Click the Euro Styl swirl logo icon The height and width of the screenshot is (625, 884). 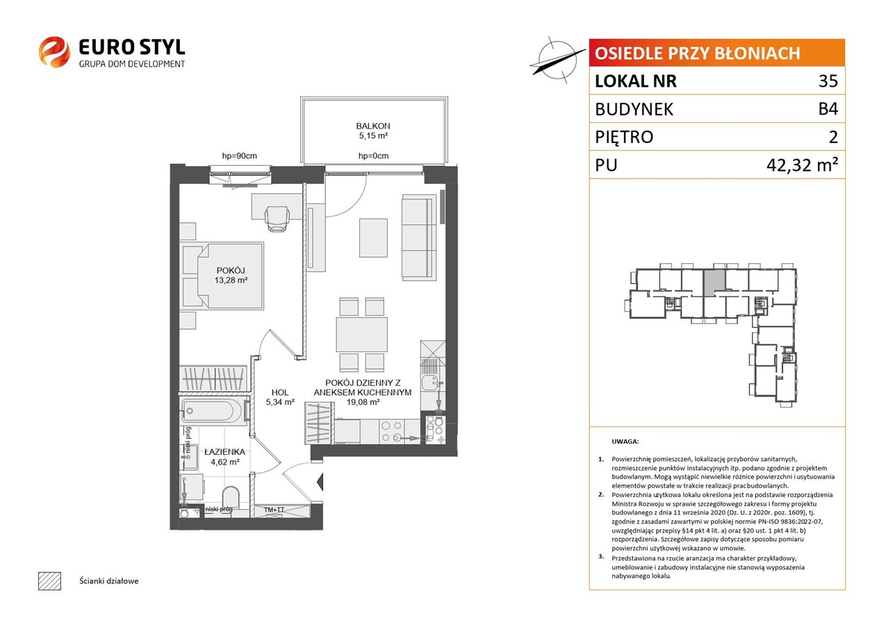[54, 52]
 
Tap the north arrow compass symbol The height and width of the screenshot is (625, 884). [557, 60]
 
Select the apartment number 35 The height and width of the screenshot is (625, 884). [828, 81]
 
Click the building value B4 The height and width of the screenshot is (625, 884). [828, 109]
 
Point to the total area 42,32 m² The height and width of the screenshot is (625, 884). [802, 165]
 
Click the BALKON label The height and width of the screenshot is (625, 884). [373, 126]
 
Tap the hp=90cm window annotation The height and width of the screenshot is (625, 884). [240, 156]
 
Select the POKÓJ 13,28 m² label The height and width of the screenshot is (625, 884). [231, 275]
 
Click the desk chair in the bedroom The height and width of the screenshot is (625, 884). [277, 219]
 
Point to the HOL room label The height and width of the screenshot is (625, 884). [280, 392]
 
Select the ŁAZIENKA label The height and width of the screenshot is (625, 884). [224, 452]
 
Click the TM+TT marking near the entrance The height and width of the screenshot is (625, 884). [275, 510]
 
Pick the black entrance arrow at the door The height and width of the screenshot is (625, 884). [320, 481]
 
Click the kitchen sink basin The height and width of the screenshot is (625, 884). [429, 382]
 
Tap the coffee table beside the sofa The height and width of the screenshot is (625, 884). [373, 238]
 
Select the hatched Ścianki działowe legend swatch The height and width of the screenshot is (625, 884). [50, 581]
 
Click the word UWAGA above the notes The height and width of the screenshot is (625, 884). [625, 441]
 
